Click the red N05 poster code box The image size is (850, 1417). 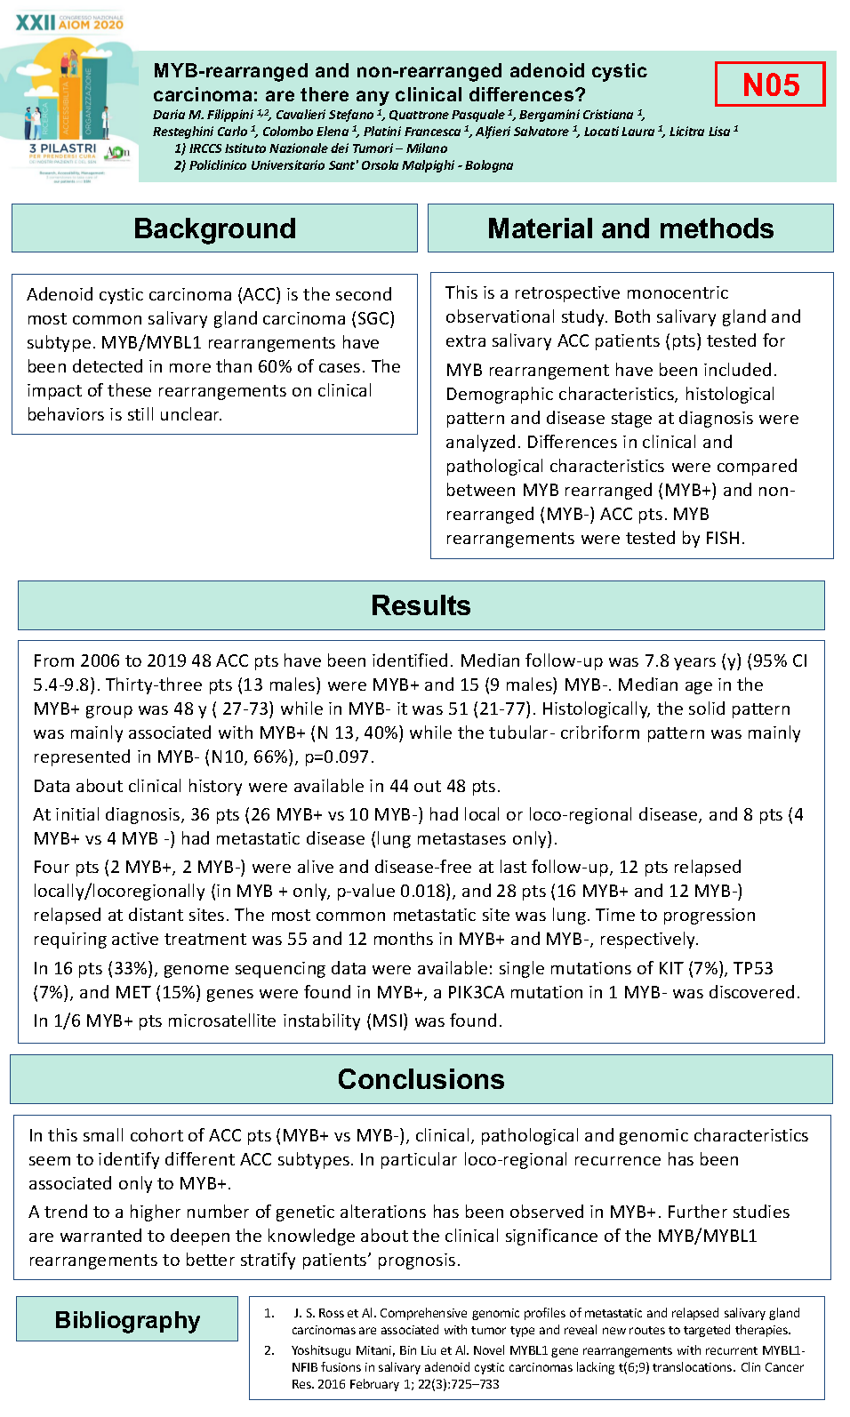pyautogui.click(x=770, y=84)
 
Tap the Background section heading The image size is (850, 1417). pyautogui.click(x=214, y=228)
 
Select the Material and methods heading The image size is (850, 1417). pyautogui.click(x=630, y=228)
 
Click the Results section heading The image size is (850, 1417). pyautogui.click(x=421, y=605)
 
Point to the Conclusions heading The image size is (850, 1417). pyautogui.click(x=421, y=1079)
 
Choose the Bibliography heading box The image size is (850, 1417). pyautogui.click(x=127, y=1319)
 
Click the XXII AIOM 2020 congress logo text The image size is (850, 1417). pyautogui.click(x=69, y=22)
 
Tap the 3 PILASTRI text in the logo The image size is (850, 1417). pyautogui.click(x=62, y=148)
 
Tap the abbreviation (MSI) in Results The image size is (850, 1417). pyautogui.click(x=387, y=1021)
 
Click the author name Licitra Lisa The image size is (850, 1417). pyautogui.click(x=700, y=132)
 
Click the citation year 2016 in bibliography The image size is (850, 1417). pyautogui.click(x=331, y=1384)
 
